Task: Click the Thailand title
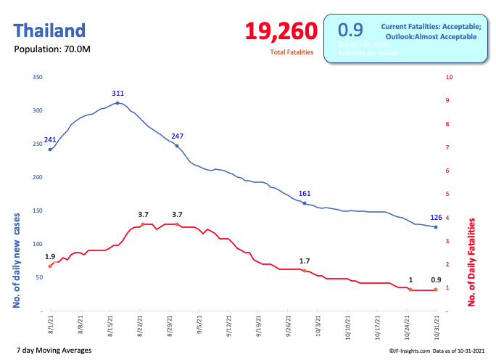tap(49, 30)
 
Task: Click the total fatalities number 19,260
tap(281, 31)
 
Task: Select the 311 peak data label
tap(117, 94)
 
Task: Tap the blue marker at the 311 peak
tap(117, 103)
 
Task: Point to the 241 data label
tap(50, 140)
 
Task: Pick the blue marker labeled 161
tap(305, 203)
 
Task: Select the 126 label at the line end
tap(437, 217)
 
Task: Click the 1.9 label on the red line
tap(50, 257)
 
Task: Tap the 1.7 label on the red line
tap(305, 261)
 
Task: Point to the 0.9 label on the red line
tap(436, 280)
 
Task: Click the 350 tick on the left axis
tap(38, 77)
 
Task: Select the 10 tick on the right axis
tap(450, 77)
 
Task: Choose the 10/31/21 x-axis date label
tap(436, 324)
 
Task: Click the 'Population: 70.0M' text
tap(52, 49)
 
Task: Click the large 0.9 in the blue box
tap(350, 30)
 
